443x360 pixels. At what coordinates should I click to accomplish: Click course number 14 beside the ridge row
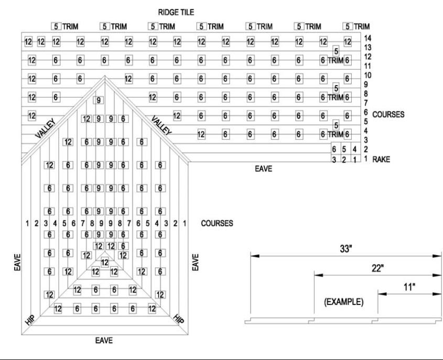coord(368,38)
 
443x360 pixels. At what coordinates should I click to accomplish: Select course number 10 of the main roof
coord(368,75)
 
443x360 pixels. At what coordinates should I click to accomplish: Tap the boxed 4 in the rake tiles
coord(354,149)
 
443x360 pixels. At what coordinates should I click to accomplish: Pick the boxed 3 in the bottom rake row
coord(334,158)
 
